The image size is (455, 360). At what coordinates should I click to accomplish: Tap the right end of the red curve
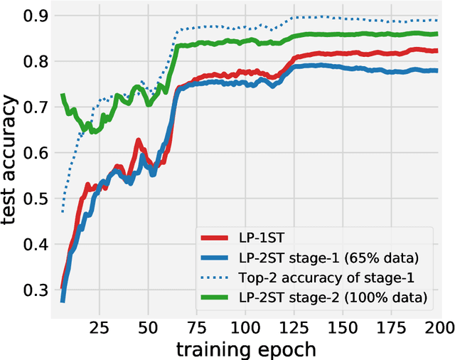pyautogui.click(x=437, y=51)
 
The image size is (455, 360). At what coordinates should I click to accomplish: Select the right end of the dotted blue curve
pyautogui.click(x=437, y=20)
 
